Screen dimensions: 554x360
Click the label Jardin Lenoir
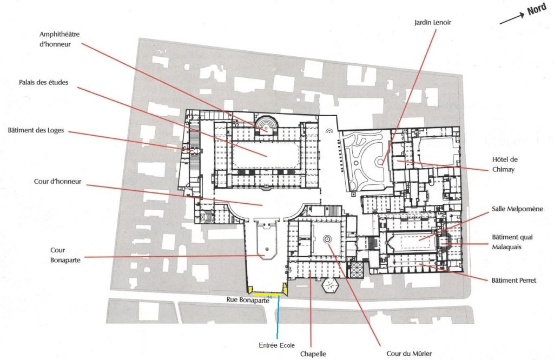point(432,23)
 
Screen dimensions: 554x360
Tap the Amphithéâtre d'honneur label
point(60,39)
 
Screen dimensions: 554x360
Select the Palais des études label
point(43,83)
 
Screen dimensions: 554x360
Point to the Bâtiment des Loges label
point(36,130)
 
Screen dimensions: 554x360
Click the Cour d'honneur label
point(57,182)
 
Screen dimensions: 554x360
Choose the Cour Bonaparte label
point(65,255)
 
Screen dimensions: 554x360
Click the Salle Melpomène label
point(518,209)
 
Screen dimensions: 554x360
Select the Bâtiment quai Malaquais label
point(512,242)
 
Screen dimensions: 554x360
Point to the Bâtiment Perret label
point(514,281)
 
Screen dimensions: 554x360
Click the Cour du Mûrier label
point(409,354)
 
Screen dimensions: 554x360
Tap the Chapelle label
point(313,354)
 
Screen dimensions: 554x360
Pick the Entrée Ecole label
point(276,345)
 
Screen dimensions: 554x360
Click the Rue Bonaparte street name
point(248,300)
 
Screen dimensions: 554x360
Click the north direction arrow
point(512,19)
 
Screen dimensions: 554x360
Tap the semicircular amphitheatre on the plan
point(266,124)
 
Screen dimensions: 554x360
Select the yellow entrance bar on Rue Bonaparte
point(266,294)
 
